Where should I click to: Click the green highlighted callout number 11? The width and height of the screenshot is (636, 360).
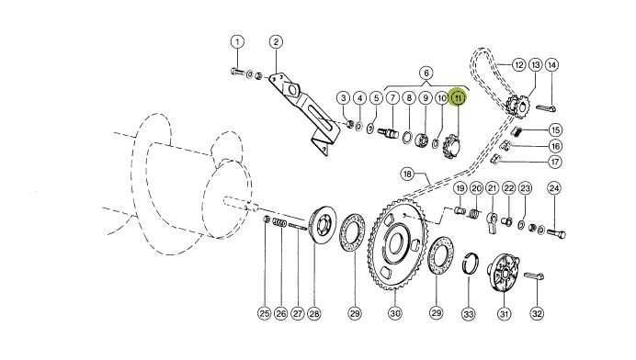tap(459, 97)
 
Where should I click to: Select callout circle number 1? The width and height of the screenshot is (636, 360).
tap(237, 41)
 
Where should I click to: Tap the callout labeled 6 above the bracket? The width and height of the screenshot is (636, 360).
tap(426, 73)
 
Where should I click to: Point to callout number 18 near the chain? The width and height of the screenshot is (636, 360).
tap(408, 174)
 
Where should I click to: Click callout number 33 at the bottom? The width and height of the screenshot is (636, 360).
tap(469, 314)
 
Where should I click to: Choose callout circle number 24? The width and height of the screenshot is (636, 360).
tap(554, 188)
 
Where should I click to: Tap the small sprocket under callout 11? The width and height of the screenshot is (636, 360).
tap(450, 146)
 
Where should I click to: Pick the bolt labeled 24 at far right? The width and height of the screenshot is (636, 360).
tap(556, 233)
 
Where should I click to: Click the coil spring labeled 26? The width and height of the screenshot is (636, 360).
tap(280, 222)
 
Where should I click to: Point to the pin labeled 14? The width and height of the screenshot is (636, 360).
tap(546, 108)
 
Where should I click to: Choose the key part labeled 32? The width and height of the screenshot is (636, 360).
tap(534, 276)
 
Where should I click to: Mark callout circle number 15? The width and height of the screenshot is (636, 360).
tap(555, 129)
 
